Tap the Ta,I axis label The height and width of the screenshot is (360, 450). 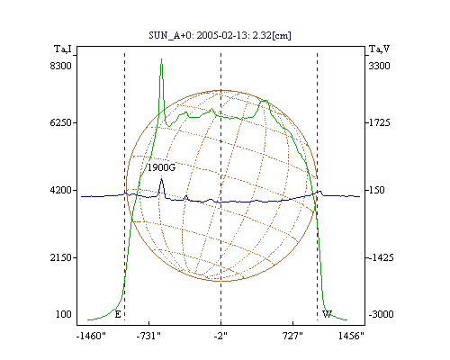[63, 49]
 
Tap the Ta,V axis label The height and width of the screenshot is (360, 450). [380, 49]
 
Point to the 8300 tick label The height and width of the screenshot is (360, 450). [61, 66]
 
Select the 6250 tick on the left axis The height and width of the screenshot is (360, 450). [61, 122]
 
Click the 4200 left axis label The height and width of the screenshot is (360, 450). [61, 190]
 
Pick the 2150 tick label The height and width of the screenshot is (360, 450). [61, 257]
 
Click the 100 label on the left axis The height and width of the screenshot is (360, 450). [64, 314]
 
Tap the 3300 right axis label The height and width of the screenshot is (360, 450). [379, 66]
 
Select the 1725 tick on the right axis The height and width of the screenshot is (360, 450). [379, 122]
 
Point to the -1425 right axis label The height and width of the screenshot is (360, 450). [381, 257]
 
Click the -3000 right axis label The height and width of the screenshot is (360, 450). [381, 314]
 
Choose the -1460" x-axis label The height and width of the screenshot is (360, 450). [91, 336]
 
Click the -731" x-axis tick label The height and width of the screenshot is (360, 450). [148, 336]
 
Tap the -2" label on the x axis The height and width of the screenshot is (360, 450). [220, 336]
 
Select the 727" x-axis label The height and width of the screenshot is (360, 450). [292, 336]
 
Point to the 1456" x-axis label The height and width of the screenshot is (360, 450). [351, 336]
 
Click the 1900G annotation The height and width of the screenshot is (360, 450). [161, 167]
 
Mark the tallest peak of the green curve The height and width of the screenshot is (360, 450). [161, 59]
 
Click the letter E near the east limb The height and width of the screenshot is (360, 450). [118, 314]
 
